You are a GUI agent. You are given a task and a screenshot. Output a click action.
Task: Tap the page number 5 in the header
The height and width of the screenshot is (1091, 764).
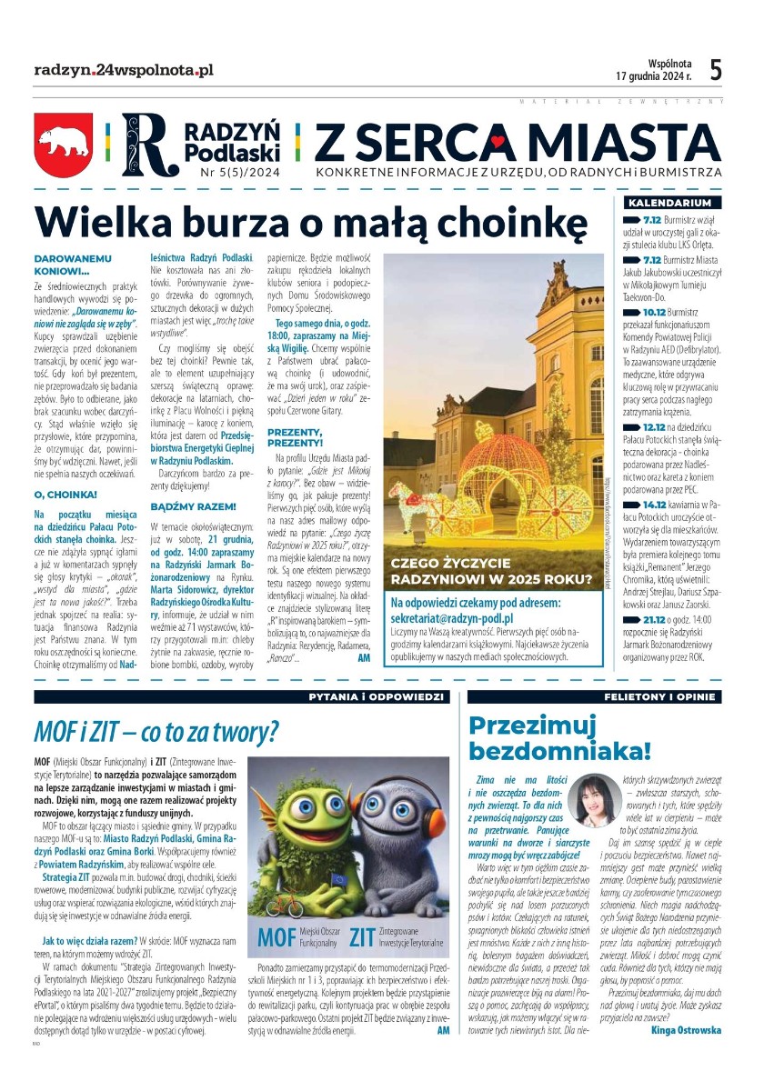[716, 70]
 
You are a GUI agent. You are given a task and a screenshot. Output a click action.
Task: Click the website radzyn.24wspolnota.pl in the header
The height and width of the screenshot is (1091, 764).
[124, 70]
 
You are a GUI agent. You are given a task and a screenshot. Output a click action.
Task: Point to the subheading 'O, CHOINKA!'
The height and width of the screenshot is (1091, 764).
[65, 495]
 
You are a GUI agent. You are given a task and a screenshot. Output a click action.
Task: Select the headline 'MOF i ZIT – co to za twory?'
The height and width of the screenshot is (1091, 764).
[156, 731]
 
